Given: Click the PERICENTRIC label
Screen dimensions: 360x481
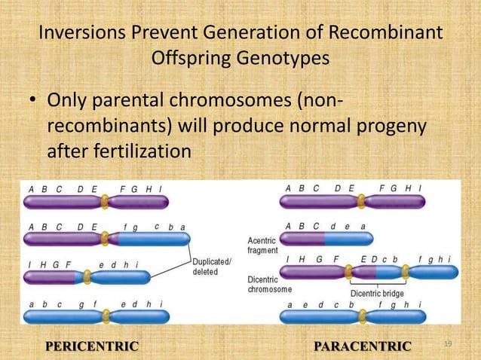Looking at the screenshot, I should tap(93, 346).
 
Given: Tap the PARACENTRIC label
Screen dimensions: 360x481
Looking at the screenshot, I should tap(363, 346).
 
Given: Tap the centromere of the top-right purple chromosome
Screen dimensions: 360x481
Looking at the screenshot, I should tap(361, 202).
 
